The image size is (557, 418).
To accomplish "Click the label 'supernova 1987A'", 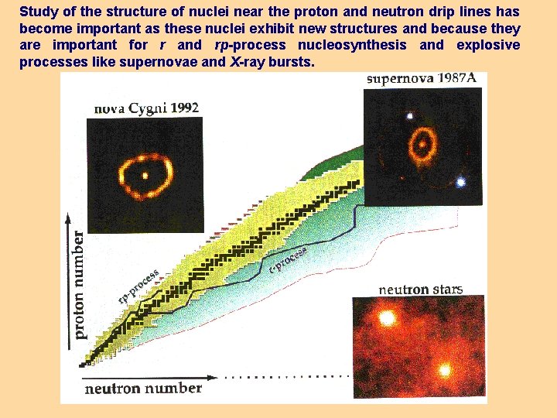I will tap(422, 79).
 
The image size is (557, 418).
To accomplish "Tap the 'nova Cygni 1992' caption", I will tap(146, 109).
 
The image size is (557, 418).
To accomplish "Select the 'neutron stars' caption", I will tap(420, 290).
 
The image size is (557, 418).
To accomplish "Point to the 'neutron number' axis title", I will tap(143, 388).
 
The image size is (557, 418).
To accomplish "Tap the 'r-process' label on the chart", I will tap(289, 259).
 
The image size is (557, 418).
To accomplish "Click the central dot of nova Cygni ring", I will tap(145, 175).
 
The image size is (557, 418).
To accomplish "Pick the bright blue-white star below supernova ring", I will tap(461, 183).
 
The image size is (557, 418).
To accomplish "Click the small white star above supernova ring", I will tap(409, 116).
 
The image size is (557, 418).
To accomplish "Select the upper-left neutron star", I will tap(386, 318).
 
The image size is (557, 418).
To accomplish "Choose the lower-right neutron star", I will tap(445, 369).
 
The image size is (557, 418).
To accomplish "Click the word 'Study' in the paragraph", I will tap(37, 12).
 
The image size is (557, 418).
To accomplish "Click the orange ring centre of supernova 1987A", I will tap(422, 143).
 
